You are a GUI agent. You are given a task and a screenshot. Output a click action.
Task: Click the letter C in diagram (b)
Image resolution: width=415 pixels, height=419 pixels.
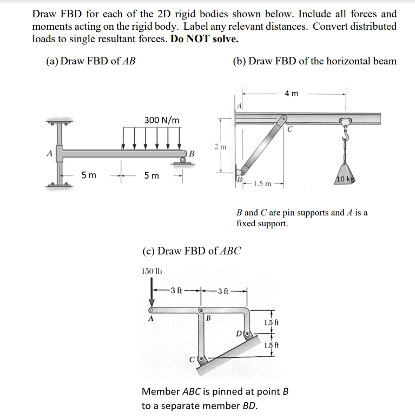point(290,129)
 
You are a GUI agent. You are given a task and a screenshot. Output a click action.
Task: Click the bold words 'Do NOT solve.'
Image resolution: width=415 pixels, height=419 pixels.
point(204,40)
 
